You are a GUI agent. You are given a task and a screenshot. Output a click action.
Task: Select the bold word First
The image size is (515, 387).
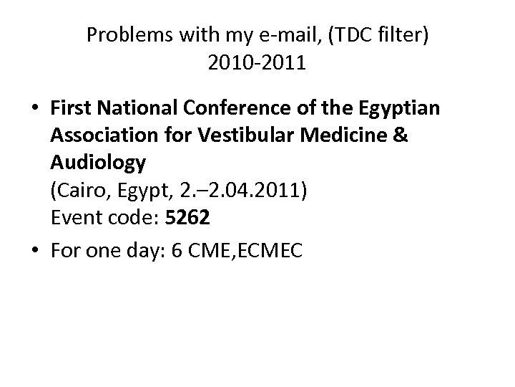click(x=70, y=108)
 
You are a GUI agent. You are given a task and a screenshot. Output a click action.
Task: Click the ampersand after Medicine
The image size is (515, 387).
click(x=401, y=135)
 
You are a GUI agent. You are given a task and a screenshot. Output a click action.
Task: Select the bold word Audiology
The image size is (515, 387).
click(x=98, y=163)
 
